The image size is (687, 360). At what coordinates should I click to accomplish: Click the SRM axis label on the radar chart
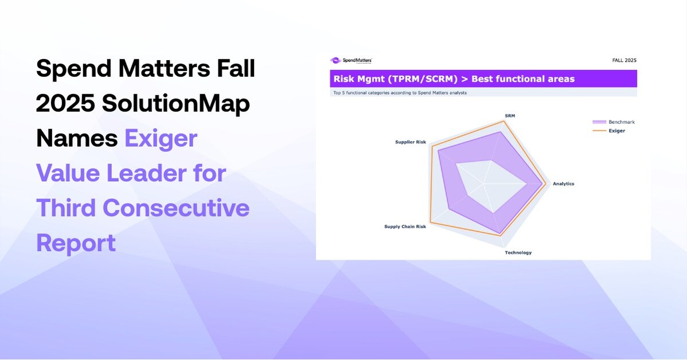coord(509,116)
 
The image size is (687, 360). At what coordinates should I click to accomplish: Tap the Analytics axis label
coord(563,184)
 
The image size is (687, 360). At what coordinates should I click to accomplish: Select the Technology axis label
coord(518,253)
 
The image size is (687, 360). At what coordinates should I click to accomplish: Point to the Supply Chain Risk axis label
coord(405,226)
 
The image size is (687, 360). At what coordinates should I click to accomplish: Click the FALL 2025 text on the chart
coord(624,60)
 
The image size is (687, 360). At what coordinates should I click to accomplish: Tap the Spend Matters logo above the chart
coord(351,60)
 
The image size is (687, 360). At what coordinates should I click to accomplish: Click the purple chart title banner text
coord(453,79)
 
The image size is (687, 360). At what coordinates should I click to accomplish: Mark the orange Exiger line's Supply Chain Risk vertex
coord(431,221)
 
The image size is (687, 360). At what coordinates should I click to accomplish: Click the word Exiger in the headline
coord(161,138)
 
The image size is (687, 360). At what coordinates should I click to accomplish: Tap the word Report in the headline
coord(76,243)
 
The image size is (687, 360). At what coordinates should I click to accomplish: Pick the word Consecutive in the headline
coord(176,208)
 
